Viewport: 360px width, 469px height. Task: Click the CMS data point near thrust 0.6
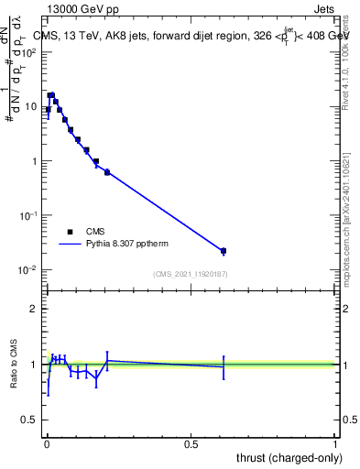224,251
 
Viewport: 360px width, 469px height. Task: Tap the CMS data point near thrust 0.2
107,171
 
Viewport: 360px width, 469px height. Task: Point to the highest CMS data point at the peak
51,94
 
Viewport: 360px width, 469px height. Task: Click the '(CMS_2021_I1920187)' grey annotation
190,274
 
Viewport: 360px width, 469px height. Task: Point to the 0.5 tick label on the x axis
191,444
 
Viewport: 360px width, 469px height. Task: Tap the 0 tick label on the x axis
47,444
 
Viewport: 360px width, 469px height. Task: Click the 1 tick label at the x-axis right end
335,444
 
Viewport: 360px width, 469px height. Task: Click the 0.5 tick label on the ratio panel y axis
29,420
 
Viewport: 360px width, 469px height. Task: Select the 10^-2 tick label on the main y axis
28,270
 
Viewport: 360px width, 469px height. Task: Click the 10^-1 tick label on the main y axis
28,215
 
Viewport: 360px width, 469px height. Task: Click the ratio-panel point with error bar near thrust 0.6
224,367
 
